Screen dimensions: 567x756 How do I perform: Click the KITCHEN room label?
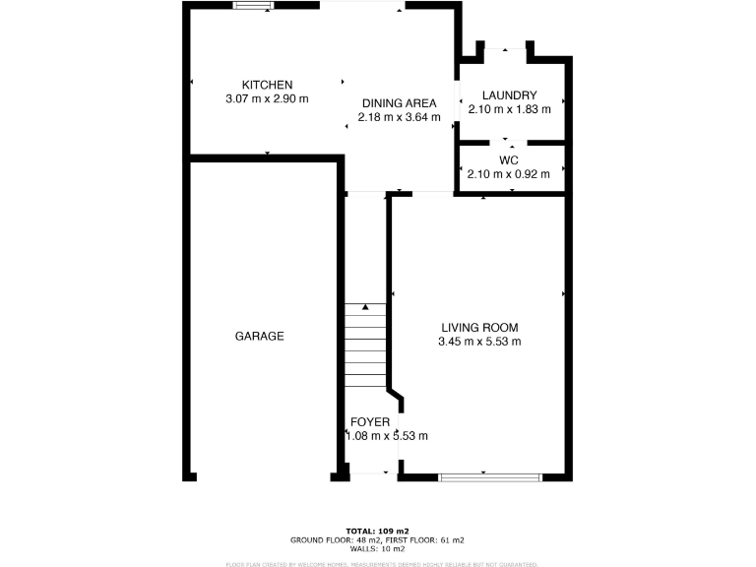coord(268,85)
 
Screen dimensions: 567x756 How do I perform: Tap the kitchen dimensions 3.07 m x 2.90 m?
coord(268,98)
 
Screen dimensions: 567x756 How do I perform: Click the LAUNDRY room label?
coord(509,94)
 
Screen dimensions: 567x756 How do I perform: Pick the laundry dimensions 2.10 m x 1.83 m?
coord(509,108)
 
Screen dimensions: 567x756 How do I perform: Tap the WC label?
coord(509,159)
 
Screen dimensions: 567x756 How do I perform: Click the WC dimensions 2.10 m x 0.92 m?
coord(509,174)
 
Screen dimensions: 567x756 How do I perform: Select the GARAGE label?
coord(259,336)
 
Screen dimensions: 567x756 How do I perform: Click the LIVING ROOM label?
coord(479,328)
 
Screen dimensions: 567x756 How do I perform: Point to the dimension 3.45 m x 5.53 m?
coord(479,342)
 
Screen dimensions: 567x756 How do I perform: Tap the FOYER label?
coord(370,422)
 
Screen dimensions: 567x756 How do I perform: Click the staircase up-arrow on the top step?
coord(364,308)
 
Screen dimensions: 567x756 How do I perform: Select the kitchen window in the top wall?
coord(254,6)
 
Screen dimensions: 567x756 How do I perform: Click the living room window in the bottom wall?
coord(489,477)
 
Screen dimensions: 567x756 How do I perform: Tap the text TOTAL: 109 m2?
coord(377,531)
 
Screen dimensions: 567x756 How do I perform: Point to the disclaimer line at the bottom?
coord(382,564)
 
